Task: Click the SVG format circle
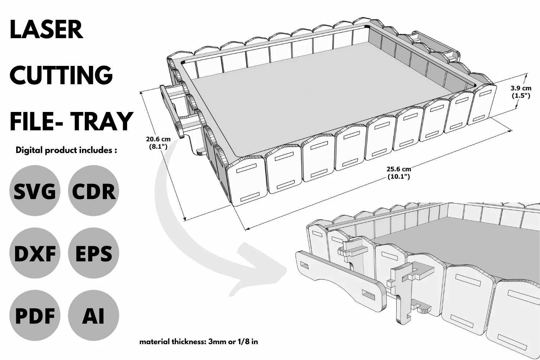[x=35, y=190]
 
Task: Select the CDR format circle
[x=94, y=190]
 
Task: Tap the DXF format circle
[x=35, y=253]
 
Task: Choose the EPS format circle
[x=94, y=253]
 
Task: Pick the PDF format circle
[x=35, y=315]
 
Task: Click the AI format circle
[x=94, y=315]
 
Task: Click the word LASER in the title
[x=46, y=30]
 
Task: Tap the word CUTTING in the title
[x=61, y=75]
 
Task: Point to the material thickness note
[x=199, y=342]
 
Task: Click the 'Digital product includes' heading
[x=66, y=150]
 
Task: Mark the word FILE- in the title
[x=36, y=121]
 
